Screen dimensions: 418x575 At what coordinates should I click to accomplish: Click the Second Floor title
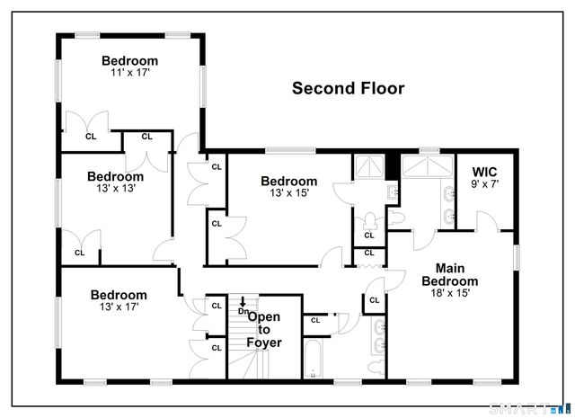[x=349, y=88]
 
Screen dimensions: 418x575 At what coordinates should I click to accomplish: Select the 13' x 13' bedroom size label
[x=115, y=188]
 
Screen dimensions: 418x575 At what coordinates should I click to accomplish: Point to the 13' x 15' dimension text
[x=288, y=192]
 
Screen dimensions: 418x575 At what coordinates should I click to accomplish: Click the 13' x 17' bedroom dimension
[x=119, y=307]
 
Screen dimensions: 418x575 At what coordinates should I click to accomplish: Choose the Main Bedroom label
[x=450, y=274]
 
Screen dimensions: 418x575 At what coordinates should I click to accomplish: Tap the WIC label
[x=484, y=171]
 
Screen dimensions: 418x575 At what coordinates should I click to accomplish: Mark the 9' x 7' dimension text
[x=484, y=184]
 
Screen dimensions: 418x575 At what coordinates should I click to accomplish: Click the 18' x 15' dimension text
[x=450, y=293]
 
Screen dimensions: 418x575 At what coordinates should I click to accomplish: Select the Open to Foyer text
[x=264, y=329]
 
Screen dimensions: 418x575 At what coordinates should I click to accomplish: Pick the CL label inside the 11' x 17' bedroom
[x=90, y=137]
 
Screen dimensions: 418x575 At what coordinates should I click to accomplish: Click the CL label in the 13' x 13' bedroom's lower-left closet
[x=79, y=253]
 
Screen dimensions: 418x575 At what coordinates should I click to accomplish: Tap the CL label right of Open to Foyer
[x=315, y=320]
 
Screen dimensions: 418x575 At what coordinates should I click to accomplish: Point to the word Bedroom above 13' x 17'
[x=119, y=294]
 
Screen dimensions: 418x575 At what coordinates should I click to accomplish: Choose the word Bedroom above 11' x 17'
[x=129, y=61]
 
